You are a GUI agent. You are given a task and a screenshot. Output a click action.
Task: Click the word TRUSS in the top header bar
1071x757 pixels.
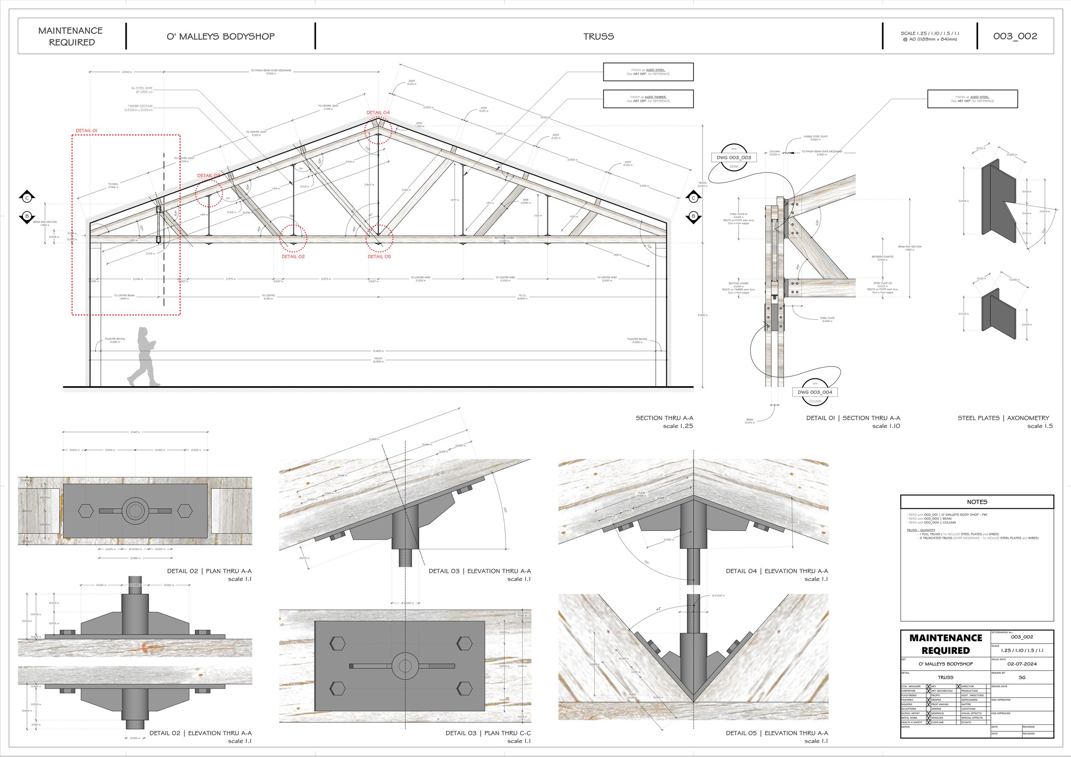coord(598,36)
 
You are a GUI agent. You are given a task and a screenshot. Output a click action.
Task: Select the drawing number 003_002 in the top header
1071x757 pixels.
coord(1015,36)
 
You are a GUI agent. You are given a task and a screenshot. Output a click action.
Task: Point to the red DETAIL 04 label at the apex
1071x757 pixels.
coord(378,112)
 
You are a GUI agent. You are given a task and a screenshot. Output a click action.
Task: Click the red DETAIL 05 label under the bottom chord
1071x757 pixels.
coord(379,256)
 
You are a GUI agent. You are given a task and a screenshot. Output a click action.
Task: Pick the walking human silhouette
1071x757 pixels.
coord(144,357)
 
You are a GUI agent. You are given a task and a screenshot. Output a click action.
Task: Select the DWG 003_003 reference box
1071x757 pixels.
coord(734,158)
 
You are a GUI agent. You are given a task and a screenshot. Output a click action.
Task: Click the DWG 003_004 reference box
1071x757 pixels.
coord(815,392)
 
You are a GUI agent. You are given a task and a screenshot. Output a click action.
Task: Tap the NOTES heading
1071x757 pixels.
coord(977,502)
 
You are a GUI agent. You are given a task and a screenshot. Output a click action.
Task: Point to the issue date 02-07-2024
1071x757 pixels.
coord(1022,664)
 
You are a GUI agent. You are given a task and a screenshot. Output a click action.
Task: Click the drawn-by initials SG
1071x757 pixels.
coord(1022,677)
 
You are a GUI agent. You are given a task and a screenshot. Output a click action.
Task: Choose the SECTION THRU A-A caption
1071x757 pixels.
coord(664,418)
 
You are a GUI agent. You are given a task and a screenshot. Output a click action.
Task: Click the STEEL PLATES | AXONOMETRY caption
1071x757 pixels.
coord(1003,418)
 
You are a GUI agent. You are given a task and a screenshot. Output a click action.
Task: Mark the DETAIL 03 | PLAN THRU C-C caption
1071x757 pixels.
coord(488,733)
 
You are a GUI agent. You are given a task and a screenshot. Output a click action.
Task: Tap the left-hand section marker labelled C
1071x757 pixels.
coord(27,198)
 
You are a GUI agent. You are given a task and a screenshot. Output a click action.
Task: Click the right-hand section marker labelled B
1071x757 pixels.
coord(693,216)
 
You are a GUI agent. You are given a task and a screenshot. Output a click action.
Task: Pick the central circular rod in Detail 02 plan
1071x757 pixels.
coord(135,511)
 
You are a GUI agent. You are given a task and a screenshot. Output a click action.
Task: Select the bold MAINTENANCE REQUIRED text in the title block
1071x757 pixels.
coord(945,644)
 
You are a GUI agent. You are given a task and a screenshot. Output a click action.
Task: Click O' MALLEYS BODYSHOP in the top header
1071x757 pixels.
coord(221,36)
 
